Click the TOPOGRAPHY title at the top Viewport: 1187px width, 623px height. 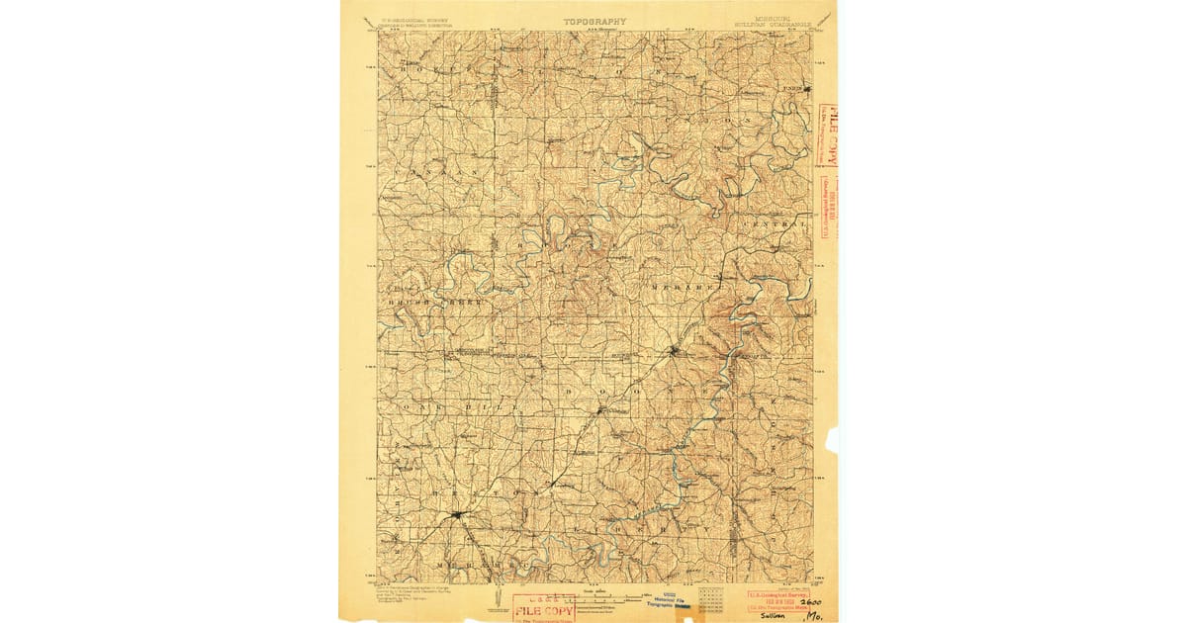pos(594,21)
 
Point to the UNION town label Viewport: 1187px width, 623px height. pos(791,88)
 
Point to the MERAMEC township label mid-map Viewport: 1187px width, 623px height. pos(683,288)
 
